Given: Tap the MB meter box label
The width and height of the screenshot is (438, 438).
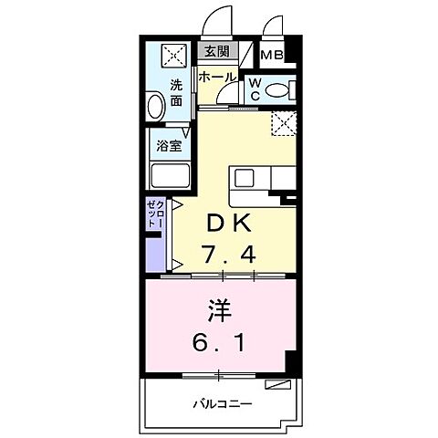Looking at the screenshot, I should click(272, 56).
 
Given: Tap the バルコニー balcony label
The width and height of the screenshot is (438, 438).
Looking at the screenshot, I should click(222, 402).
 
